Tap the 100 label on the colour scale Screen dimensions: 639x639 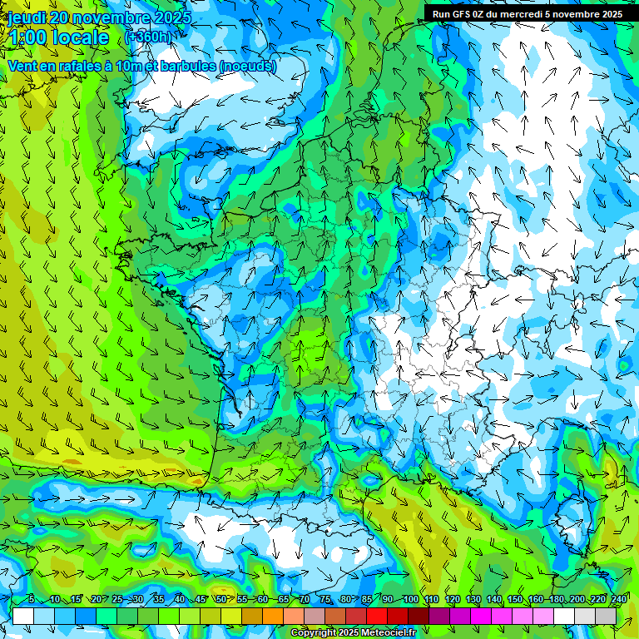pyautogui.click(x=410, y=600)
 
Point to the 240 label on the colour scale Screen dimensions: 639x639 pyautogui.click(x=618, y=600)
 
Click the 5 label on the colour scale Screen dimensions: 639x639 pyautogui.click(x=31, y=600)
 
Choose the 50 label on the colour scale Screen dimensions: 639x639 pyautogui.click(x=220, y=600)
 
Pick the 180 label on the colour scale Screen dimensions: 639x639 pyautogui.click(x=556, y=600)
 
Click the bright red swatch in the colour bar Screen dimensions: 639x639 pyautogui.click(x=378, y=616)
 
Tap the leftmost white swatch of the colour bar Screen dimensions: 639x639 pyautogui.click(x=23, y=616)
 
